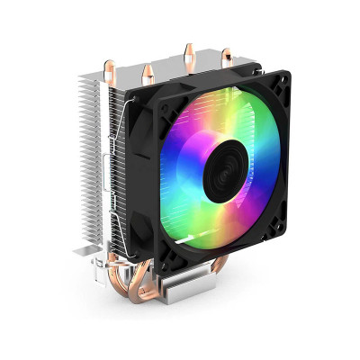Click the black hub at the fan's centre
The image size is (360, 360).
click(219, 173)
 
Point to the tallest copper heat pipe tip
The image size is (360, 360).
click(188, 49)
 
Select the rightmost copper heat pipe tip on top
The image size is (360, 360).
click(226, 57)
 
